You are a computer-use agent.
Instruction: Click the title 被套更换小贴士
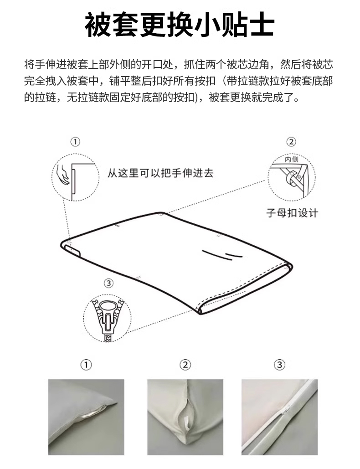tap(180, 25)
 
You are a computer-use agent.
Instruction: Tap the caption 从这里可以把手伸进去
tap(160, 173)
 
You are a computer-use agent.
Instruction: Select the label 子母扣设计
tap(292, 213)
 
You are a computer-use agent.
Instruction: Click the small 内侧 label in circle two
tap(292, 160)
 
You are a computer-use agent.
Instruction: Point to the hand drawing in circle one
tap(63, 174)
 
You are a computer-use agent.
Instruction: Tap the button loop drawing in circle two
tap(292, 179)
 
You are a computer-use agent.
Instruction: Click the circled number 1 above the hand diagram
tap(75, 141)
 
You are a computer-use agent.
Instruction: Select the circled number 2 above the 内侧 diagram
tap(291, 141)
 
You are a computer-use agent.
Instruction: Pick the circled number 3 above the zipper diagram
tap(108, 283)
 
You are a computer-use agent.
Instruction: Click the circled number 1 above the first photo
tap(86, 365)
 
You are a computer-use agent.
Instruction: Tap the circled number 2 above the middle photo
tap(185, 365)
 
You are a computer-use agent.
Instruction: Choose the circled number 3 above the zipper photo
tap(279, 365)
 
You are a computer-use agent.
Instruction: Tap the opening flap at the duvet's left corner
tap(72, 251)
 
